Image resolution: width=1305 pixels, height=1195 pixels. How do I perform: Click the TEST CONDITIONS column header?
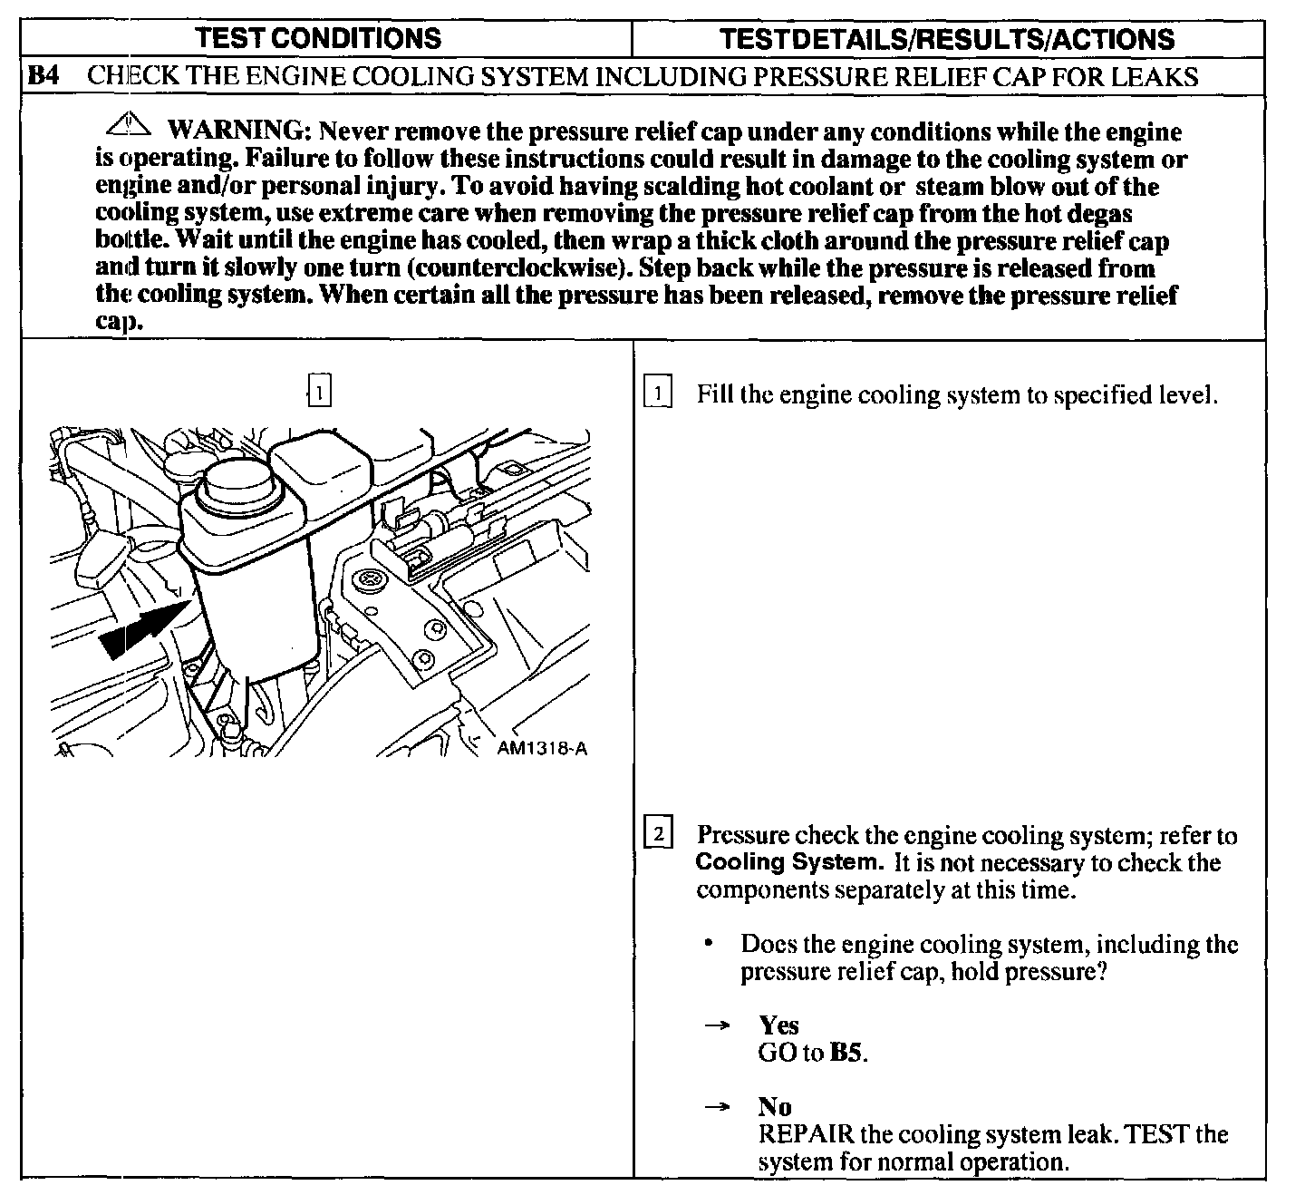319,39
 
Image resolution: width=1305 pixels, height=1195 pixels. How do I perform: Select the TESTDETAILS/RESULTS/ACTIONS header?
946,39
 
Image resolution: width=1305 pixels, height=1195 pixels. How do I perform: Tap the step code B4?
43,76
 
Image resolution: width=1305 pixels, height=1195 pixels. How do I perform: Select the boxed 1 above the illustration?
319,391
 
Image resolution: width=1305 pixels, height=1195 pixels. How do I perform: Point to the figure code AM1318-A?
542,749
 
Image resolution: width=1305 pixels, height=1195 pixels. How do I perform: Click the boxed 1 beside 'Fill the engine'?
658,394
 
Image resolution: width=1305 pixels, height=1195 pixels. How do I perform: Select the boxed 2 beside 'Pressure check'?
658,833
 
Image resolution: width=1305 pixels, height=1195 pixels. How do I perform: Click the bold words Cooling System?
787,862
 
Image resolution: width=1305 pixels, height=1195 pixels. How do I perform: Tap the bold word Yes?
778,1025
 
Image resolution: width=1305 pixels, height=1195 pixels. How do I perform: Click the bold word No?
775,1107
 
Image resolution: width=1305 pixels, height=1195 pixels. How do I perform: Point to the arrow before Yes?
718,1025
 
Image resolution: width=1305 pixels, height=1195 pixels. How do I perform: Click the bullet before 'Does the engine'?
707,944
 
